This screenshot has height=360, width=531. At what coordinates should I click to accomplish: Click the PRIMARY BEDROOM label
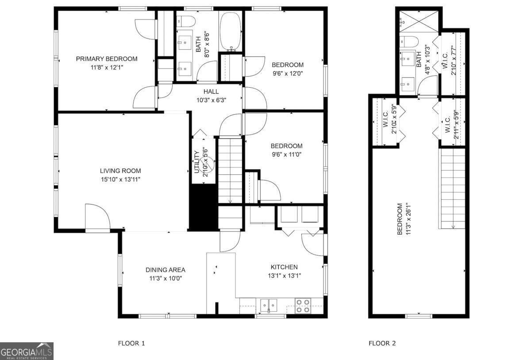(107, 59)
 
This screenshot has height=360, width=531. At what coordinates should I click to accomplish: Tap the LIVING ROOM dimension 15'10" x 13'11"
(121, 179)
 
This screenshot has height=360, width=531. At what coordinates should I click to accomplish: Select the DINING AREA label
(165, 270)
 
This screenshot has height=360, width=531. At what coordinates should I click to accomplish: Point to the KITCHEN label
(284, 267)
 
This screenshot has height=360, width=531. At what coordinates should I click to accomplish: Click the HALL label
(211, 92)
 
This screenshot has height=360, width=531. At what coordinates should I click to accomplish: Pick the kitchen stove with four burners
(303, 306)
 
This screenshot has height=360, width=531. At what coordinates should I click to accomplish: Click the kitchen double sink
(269, 305)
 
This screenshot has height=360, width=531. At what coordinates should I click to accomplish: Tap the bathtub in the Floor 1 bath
(231, 31)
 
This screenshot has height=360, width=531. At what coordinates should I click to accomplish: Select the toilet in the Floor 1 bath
(186, 21)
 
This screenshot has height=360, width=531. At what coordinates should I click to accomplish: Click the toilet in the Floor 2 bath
(409, 42)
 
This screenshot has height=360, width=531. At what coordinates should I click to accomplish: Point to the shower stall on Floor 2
(419, 21)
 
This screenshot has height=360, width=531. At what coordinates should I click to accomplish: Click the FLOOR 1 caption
(131, 343)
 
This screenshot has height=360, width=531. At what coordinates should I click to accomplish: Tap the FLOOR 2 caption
(382, 343)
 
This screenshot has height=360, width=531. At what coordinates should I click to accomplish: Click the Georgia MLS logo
(27, 351)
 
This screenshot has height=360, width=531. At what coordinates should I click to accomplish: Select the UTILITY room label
(196, 162)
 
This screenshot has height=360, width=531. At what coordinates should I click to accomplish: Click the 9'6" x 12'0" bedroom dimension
(288, 74)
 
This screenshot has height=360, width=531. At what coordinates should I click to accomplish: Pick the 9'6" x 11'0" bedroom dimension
(287, 155)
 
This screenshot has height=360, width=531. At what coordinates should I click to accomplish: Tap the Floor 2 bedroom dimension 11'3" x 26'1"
(408, 219)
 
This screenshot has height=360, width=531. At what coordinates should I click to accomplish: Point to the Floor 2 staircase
(453, 189)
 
